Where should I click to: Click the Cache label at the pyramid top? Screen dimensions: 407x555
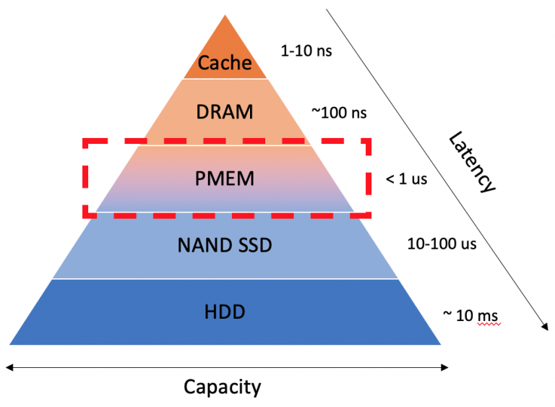point(225,63)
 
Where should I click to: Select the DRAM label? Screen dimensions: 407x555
point(225,112)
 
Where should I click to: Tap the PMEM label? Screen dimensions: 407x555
point(225,177)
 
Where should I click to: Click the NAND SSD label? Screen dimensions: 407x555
point(225,245)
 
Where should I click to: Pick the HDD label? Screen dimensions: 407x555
point(225,312)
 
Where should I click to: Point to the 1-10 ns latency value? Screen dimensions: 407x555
point(306,51)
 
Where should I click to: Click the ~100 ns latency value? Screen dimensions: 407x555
point(339,113)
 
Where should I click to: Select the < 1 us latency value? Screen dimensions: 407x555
point(407,179)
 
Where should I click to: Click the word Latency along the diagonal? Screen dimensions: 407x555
point(471,162)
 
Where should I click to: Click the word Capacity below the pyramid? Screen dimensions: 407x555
point(222,387)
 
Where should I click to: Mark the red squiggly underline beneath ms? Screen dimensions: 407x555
point(489,324)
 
